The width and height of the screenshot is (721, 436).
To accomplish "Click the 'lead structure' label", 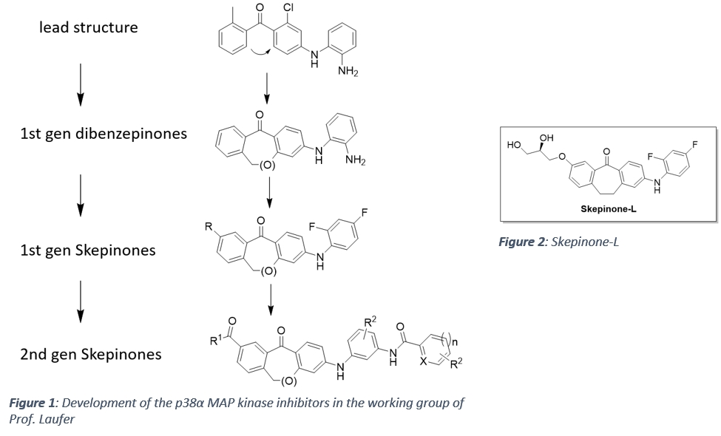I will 88,27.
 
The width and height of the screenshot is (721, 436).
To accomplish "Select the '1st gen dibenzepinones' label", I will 104,134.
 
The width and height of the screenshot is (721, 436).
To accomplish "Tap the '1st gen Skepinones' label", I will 88,250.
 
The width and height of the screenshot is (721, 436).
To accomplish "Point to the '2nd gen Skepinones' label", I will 90,354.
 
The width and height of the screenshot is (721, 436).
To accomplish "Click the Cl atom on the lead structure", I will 288,9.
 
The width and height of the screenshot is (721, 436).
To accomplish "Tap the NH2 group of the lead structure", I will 348,71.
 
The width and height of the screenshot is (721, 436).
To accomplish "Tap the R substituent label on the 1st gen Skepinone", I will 209,226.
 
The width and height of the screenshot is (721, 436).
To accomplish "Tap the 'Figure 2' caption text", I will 559,242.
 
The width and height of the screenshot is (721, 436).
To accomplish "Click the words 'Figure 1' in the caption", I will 34,403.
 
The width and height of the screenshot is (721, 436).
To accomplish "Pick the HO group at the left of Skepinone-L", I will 515,145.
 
